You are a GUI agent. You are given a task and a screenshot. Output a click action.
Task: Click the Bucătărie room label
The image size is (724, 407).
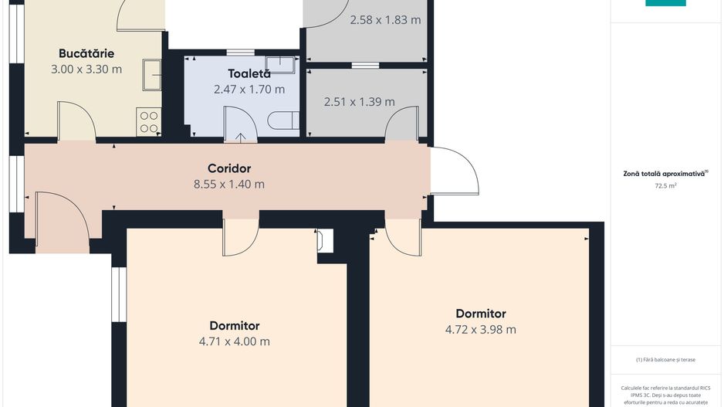tap(86, 53)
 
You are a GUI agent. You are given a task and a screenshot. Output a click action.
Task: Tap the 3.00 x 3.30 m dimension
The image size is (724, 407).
tap(86, 70)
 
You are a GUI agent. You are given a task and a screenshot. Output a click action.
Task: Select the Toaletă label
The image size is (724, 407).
tap(249, 73)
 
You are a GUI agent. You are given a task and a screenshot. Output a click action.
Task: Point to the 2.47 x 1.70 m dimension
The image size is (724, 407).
tap(249, 89)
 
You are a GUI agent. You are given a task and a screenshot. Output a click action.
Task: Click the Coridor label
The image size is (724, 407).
tap(229, 168)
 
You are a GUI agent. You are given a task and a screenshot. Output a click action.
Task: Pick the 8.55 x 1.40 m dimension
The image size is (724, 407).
tap(229, 185)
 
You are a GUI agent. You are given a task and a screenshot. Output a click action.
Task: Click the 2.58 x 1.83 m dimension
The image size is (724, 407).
tap(386, 20)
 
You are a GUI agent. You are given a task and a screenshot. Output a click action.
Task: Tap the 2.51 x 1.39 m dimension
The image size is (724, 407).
tap(359, 102)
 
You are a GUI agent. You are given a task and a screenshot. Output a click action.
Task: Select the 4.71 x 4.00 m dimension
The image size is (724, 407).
tap(235, 341)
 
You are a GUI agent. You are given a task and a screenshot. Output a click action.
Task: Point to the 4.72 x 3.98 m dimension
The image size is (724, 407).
tap(481, 330)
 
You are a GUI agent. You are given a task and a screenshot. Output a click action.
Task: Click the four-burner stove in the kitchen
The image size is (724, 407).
tap(149, 122)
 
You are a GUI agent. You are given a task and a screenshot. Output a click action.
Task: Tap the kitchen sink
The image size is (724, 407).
tap(151, 75)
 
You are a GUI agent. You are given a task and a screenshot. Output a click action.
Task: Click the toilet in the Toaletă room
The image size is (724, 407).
tap(283, 121)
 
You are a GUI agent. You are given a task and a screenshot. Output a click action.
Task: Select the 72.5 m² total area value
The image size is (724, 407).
tap(665, 185)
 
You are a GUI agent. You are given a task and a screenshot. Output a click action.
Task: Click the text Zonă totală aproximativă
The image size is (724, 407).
tap(664, 175)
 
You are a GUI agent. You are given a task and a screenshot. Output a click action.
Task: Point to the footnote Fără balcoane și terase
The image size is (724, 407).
tap(665, 359)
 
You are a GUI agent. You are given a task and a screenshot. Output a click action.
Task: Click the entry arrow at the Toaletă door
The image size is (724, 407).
tap(240, 137)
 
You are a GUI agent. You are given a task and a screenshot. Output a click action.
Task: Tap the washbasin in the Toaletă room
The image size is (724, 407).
tap(280, 65)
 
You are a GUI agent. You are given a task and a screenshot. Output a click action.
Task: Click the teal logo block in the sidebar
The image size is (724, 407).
tap(665, 3)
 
